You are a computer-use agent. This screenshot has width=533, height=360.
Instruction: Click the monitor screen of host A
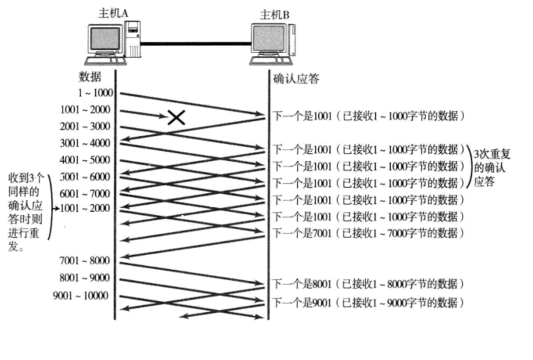pyautogui.click(x=105, y=39)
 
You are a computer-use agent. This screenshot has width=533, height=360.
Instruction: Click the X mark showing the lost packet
pyautogui.click(x=177, y=116)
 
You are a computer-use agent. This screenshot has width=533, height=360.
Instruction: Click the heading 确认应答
pyautogui.click(x=297, y=79)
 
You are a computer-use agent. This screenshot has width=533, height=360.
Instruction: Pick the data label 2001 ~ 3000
pyautogui.click(x=85, y=126)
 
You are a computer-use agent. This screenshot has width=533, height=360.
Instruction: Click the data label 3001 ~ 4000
pyautogui.click(x=85, y=143)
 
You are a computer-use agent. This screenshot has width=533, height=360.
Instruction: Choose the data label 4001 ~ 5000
pyautogui.click(x=85, y=161)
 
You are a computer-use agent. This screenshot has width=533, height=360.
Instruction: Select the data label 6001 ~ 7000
pyautogui.click(x=85, y=194)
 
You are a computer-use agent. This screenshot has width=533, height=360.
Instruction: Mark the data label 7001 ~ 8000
pyautogui.click(x=85, y=260)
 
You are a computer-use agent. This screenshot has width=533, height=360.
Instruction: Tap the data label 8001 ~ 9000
pyautogui.click(x=85, y=277)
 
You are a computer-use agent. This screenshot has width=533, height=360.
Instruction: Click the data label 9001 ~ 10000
pyautogui.click(x=81, y=295)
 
